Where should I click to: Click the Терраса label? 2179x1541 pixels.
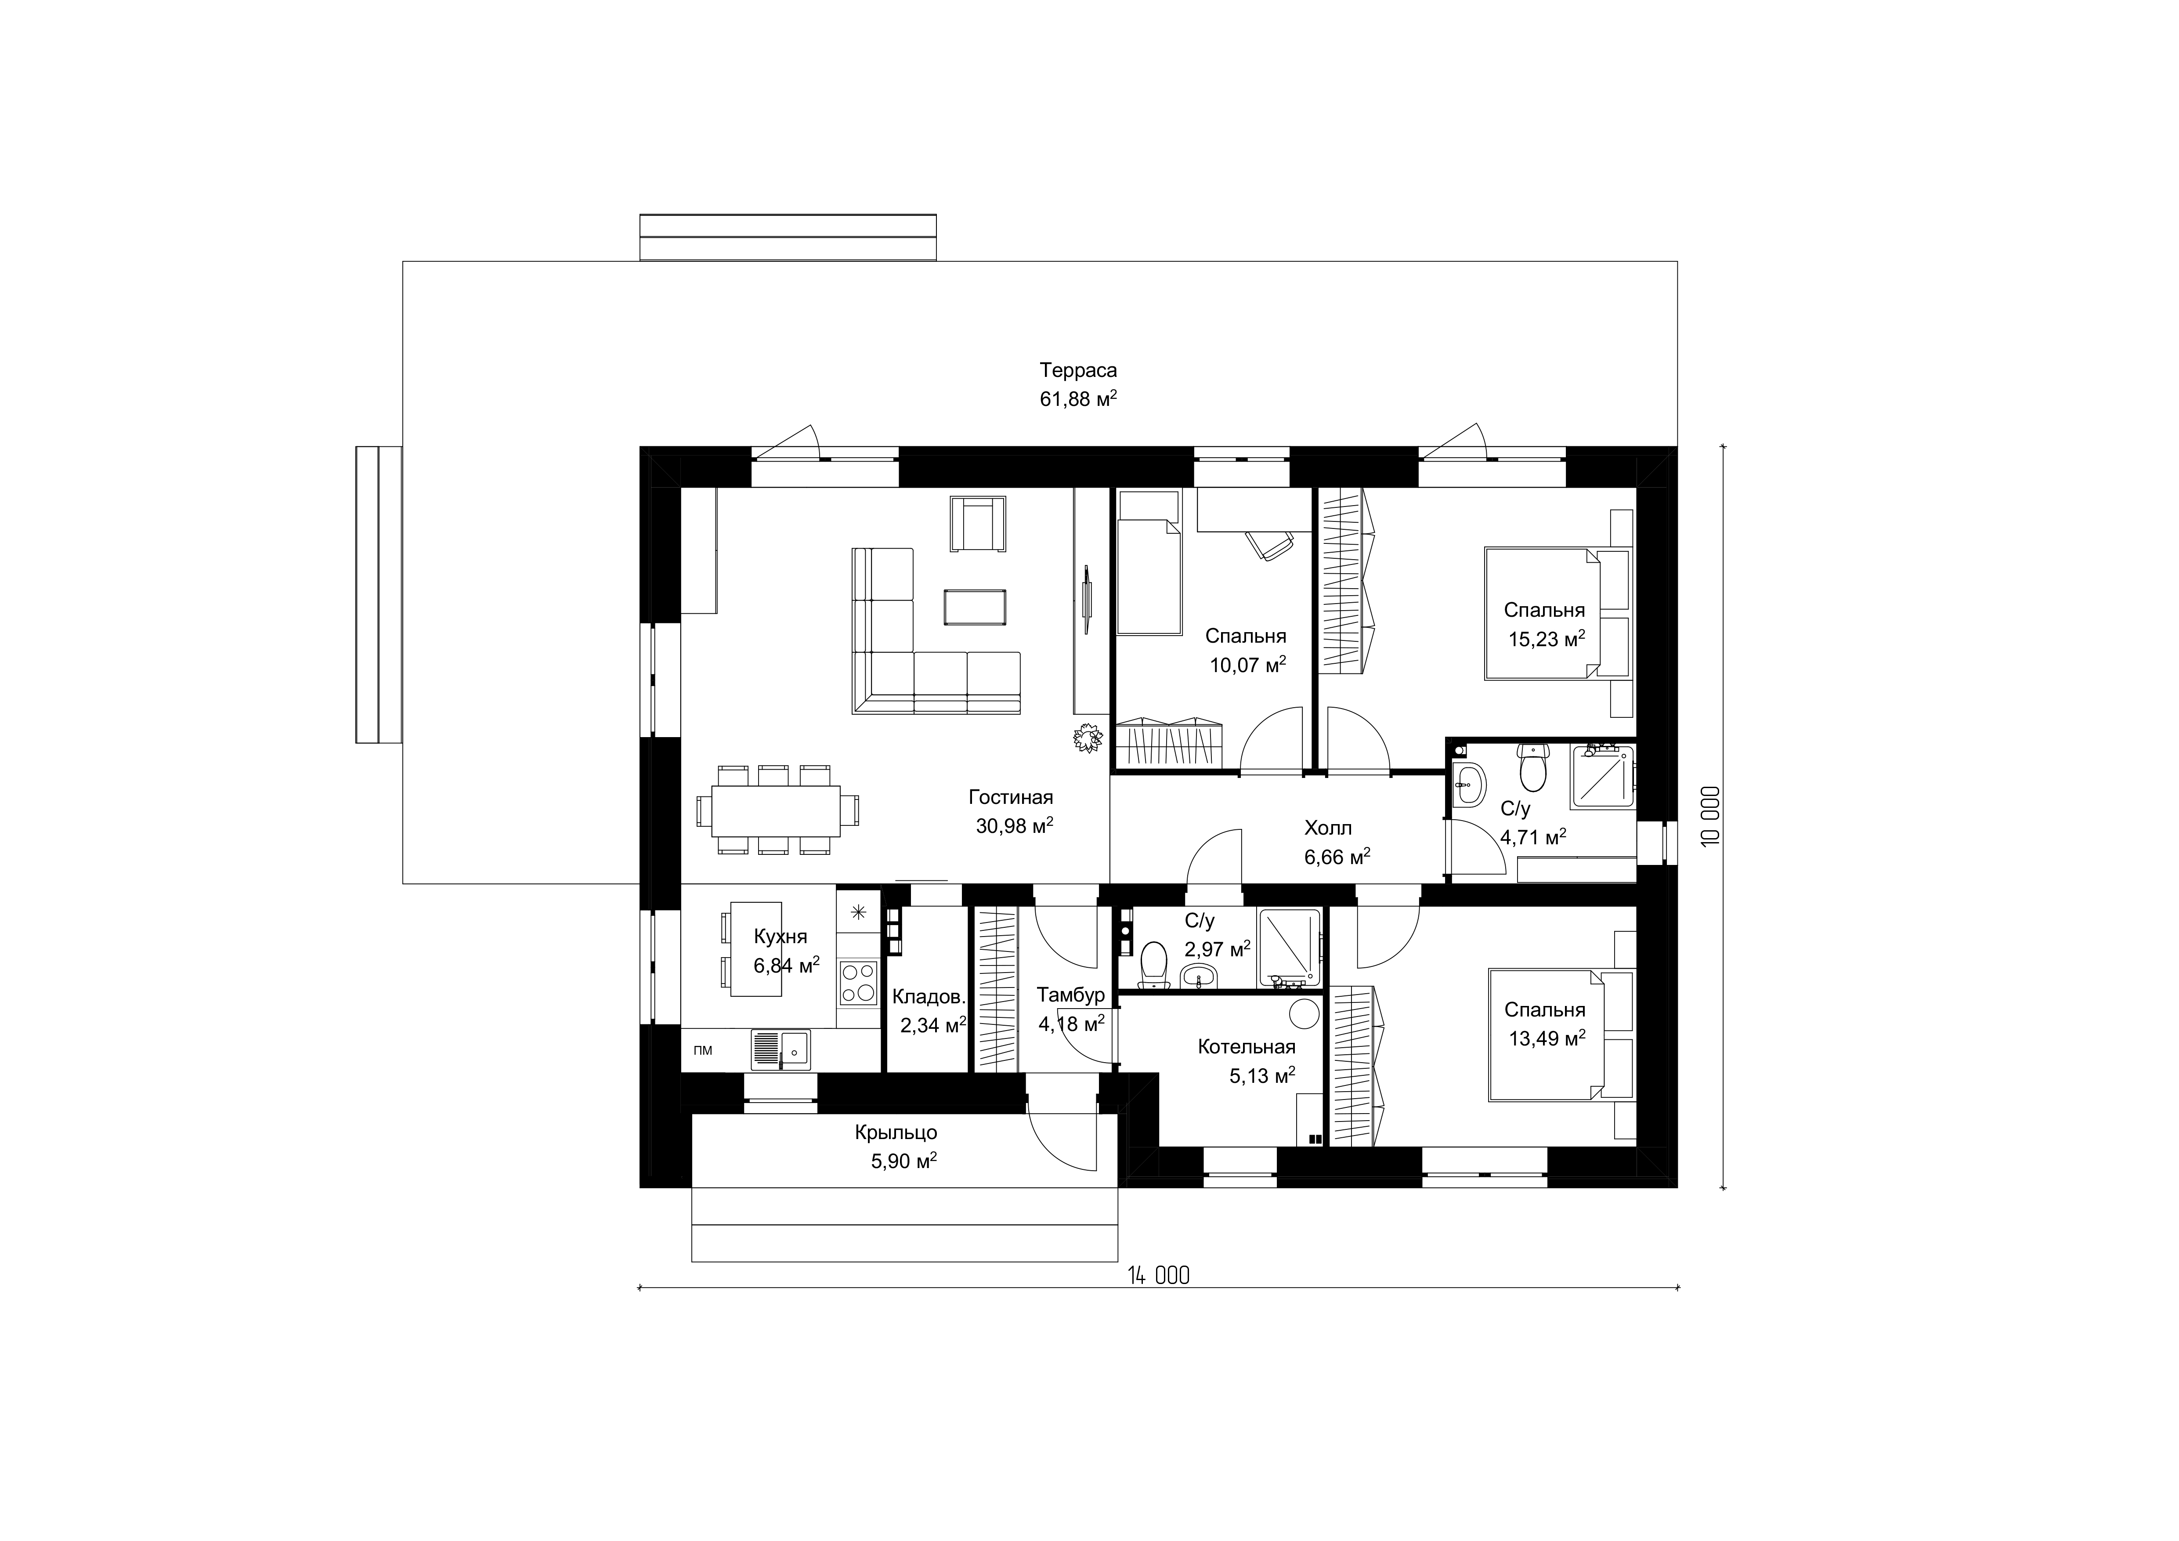(x=1078, y=370)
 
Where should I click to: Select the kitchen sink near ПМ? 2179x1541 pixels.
(x=781, y=1049)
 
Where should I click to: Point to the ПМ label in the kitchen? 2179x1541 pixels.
(x=703, y=1050)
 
